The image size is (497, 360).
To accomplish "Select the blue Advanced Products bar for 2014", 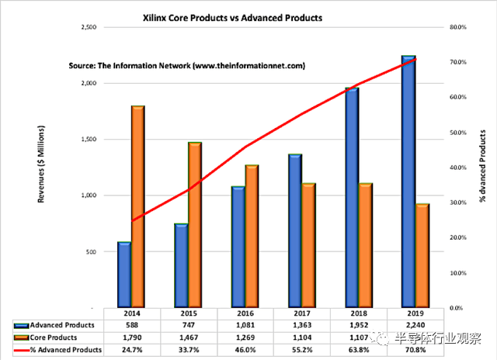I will [x=124, y=275].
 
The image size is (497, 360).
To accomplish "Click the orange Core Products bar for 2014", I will [x=137, y=206].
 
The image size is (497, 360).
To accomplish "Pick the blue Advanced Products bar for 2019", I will [x=407, y=182].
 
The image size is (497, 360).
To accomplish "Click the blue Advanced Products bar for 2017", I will [x=294, y=230].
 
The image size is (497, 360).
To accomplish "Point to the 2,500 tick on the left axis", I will [x=85, y=27].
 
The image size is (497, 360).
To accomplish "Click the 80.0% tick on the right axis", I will [x=457, y=27].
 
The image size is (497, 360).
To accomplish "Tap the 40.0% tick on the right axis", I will [x=457, y=168].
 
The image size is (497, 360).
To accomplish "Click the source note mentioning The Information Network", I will [x=186, y=67].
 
